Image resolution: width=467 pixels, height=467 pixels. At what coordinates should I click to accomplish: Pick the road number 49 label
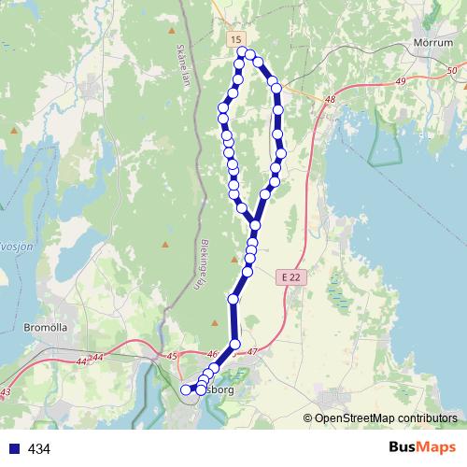click(x=402, y=82)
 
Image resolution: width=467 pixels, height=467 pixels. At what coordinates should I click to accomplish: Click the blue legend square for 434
click(x=11, y=449)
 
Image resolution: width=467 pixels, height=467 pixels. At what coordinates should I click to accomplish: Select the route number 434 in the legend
click(x=39, y=449)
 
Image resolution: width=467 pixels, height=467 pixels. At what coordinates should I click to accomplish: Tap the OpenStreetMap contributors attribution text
click(x=386, y=417)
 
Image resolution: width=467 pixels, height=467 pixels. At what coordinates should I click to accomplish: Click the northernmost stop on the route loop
click(x=242, y=52)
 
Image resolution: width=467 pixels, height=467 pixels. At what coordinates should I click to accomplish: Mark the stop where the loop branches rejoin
click(x=255, y=225)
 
